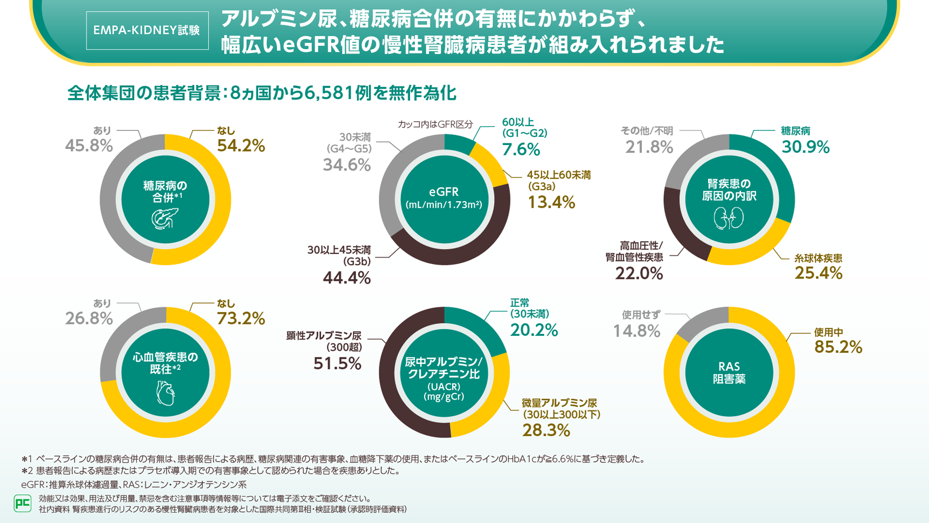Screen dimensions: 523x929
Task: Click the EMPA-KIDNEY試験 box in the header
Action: (x=147, y=31)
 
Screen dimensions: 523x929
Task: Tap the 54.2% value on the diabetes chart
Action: (x=241, y=146)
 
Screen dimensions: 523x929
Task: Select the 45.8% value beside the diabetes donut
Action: (x=89, y=146)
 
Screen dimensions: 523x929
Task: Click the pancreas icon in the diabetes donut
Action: (x=164, y=218)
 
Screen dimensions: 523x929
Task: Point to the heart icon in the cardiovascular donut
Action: (x=165, y=393)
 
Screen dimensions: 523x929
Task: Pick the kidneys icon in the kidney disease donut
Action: (x=729, y=218)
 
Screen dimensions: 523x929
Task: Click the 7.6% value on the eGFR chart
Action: (x=521, y=149)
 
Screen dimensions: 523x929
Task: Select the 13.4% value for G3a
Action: (x=551, y=203)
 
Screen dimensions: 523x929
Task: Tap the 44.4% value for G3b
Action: (x=346, y=278)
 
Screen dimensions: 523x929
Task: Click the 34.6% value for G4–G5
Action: (x=346, y=165)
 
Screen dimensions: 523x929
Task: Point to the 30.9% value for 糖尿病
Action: (x=805, y=147)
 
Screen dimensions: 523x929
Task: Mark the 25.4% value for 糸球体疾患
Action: (x=818, y=273)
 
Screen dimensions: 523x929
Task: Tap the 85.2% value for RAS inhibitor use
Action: (x=838, y=347)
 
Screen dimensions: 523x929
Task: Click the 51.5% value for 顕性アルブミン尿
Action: (x=337, y=364)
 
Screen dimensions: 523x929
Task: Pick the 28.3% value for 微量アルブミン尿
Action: (x=546, y=430)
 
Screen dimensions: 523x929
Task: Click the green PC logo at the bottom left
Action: (x=22, y=504)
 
